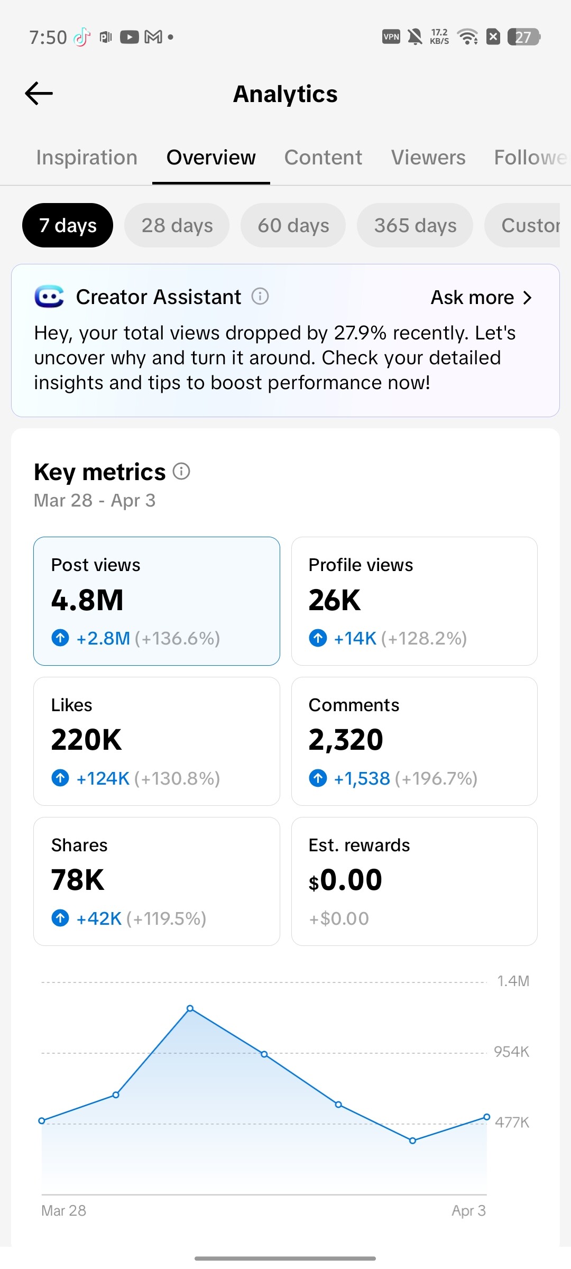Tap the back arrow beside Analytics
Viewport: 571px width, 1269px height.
pos(39,94)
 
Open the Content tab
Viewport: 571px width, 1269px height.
pos(323,158)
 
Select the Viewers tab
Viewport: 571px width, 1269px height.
pos(428,158)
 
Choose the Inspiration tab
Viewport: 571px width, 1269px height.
pos(87,158)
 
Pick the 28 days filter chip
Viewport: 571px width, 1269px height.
pos(177,225)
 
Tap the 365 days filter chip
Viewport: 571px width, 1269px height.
pos(415,225)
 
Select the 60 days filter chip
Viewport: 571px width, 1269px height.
pos(293,225)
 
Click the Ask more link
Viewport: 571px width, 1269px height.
pos(481,298)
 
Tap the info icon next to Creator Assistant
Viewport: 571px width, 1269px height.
pos(260,296)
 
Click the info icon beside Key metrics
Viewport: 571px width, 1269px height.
pos(181,471)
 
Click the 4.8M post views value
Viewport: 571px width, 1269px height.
pos(87,600)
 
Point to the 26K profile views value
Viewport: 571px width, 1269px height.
pos(335,600)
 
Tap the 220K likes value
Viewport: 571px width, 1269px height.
pos(87,740)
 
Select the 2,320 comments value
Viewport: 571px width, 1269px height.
pos(346,740)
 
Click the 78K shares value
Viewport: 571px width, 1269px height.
pos(78,880)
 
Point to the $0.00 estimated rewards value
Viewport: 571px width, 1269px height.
pos(345,880)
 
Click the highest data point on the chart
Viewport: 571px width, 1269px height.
pos(190,1008)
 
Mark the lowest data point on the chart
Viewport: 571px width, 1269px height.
pos(413,1141)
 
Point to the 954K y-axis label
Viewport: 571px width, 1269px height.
pos(511,1052)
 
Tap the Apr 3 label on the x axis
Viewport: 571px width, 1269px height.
pos(468,1210)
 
